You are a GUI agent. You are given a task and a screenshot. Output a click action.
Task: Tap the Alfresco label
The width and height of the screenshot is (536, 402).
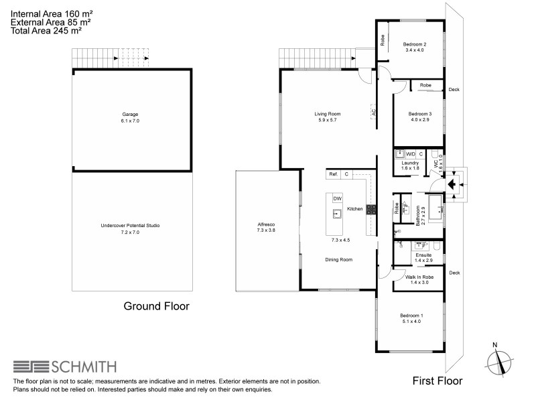(x=267, y=226)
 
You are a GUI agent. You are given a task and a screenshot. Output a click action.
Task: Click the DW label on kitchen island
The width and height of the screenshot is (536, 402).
(x=337, y=199)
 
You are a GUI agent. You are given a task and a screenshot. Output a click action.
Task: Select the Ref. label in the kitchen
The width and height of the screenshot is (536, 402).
(x=333, y=174)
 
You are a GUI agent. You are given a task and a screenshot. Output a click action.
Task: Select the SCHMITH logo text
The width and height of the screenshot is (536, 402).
(x=84, y=367)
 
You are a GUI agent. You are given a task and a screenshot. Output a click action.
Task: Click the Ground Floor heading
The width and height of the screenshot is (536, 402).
(x=156, y=306)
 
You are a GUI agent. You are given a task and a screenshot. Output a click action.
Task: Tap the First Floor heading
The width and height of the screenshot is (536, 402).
(x=437, y=381)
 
